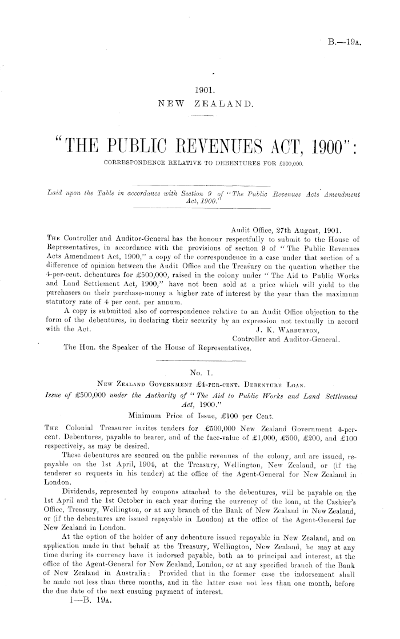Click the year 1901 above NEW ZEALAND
pos(204,90)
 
